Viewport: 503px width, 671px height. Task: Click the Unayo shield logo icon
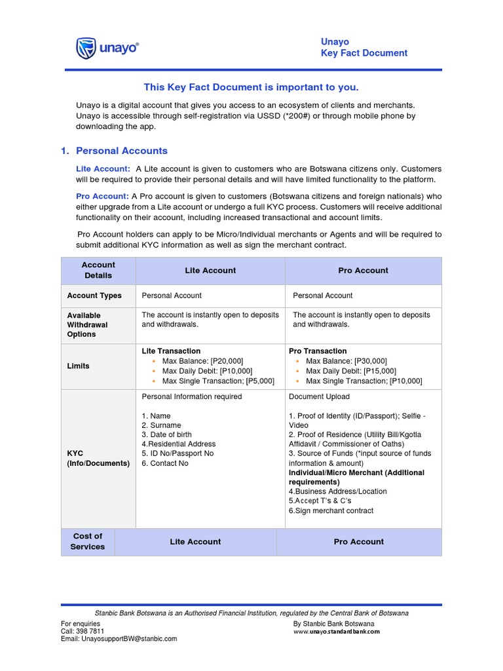pyautogui.click(x=86, y=48)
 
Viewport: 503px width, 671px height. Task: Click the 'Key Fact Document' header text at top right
pyautogui.click(x=363, y=53)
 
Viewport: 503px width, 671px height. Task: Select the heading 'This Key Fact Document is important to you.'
pyautogui.click(x=251, y=87)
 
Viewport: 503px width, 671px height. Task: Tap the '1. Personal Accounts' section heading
pyautogui.click(x=114, y=151)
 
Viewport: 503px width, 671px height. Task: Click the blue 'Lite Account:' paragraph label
pyautogui.click(x=103, y=169)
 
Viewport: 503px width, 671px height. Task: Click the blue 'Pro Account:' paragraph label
pyautogui.click(x=102, y=197)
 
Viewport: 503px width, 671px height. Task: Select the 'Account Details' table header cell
pyautogui.click(x=98, y=271)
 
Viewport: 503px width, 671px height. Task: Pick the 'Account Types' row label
pyautogui.click(x=94, y=296)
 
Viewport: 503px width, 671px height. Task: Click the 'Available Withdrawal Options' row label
pyautogui.click(x=87, y=325)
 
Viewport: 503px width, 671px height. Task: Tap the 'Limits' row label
pyautogui.click(x=78, y=366)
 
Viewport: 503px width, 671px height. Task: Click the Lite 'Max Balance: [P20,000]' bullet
pyautogui.click(x=202, y=361)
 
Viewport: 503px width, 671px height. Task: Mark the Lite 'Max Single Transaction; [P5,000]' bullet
pyautogui.click(x=218, y=381)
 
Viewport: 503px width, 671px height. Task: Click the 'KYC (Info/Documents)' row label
pyautogui.click(x=98, y=458)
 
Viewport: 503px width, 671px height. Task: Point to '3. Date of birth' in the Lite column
pyautogui.click(x=166, y=434)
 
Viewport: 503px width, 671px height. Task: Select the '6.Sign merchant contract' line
pyautogui.click(x=331, y=510)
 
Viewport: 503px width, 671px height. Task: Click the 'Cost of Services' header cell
pyautogui.click(x=88, y=541)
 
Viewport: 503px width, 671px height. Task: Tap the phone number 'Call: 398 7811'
pyautogui.click(x=83, y=631)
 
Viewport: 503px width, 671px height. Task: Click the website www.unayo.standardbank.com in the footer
pyautogui.click(x=336, y=632)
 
